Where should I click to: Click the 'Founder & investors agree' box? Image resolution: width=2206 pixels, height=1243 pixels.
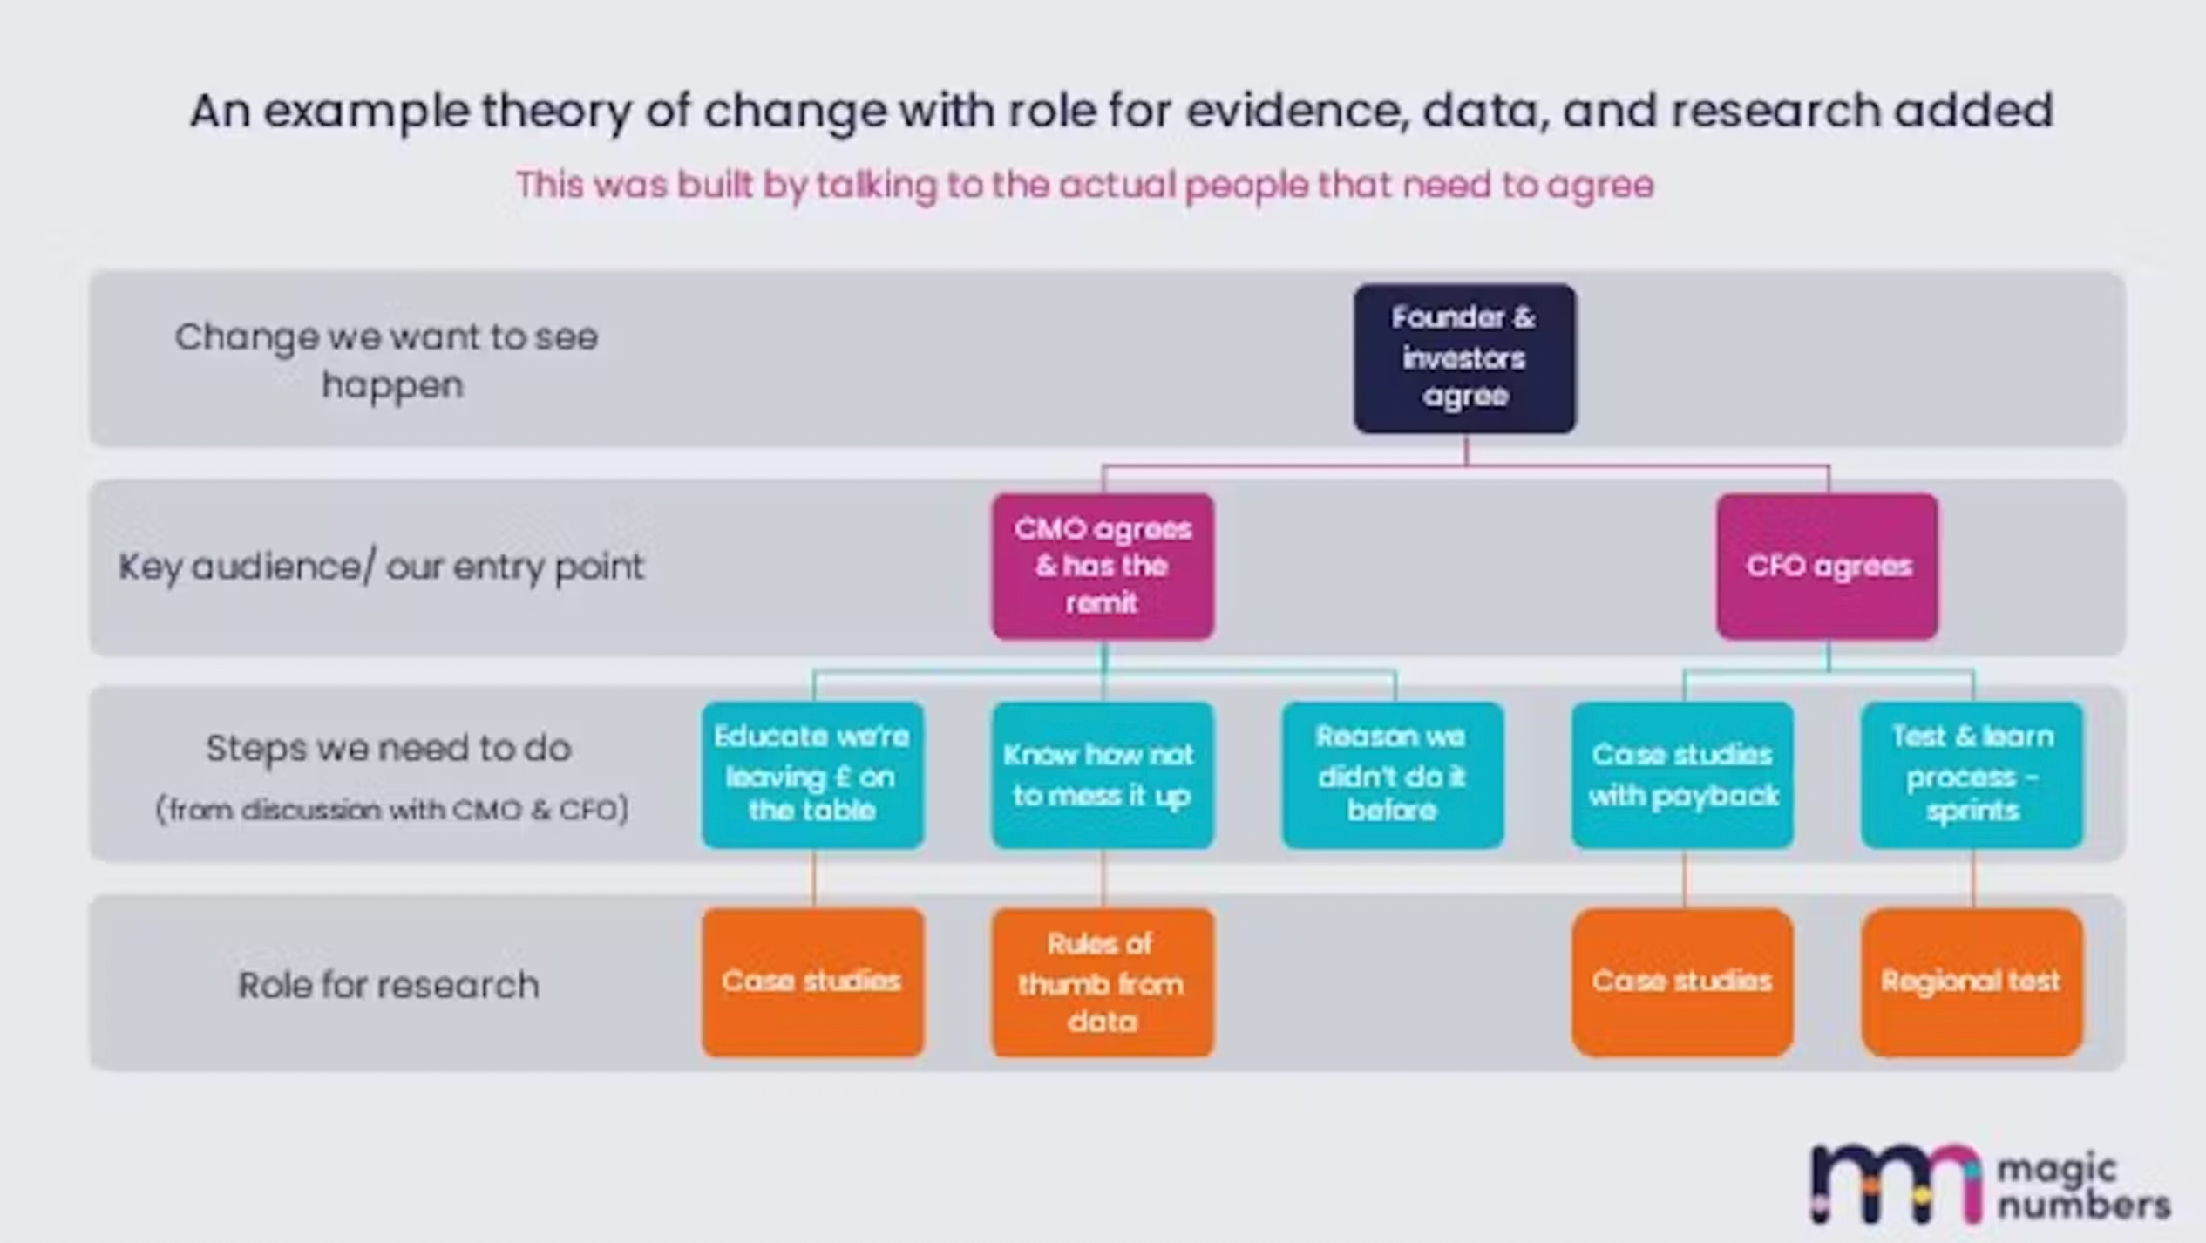[1464, 358]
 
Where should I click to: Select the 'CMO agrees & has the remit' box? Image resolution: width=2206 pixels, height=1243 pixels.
[1103, 566]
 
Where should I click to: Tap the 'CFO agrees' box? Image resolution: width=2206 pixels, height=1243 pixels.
[1828, 566]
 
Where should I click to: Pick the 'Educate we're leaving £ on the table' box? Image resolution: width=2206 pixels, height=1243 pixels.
[812, 774]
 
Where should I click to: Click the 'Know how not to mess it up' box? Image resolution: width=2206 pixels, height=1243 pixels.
[1103, 774]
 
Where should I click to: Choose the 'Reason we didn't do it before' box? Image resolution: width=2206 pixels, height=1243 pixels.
[1392, 774]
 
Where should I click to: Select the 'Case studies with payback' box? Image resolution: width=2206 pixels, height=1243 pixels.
[1682, 774]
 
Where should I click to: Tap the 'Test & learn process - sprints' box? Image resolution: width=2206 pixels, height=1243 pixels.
[1972, 774]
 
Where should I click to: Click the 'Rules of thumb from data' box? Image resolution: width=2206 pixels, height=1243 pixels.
[1103, 982]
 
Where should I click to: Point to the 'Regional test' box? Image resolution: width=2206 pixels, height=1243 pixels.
[1972, 982]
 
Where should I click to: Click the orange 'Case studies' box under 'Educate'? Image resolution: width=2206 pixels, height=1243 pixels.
[812, 982]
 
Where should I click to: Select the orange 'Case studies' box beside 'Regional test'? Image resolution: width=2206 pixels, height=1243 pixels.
[1682, 982]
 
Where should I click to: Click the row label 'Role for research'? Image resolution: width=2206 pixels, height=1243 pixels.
[389, 985]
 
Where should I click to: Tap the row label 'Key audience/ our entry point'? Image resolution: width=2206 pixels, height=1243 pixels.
[381, 567]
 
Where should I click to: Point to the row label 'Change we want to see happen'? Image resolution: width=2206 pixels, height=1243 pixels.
[387, 361]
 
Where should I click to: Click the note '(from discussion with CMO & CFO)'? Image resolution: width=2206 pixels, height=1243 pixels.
[392, 810]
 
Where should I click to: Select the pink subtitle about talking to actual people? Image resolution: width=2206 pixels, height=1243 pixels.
[1084, 185]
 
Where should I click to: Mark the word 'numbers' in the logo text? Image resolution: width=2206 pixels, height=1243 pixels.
[2084, 1206]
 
